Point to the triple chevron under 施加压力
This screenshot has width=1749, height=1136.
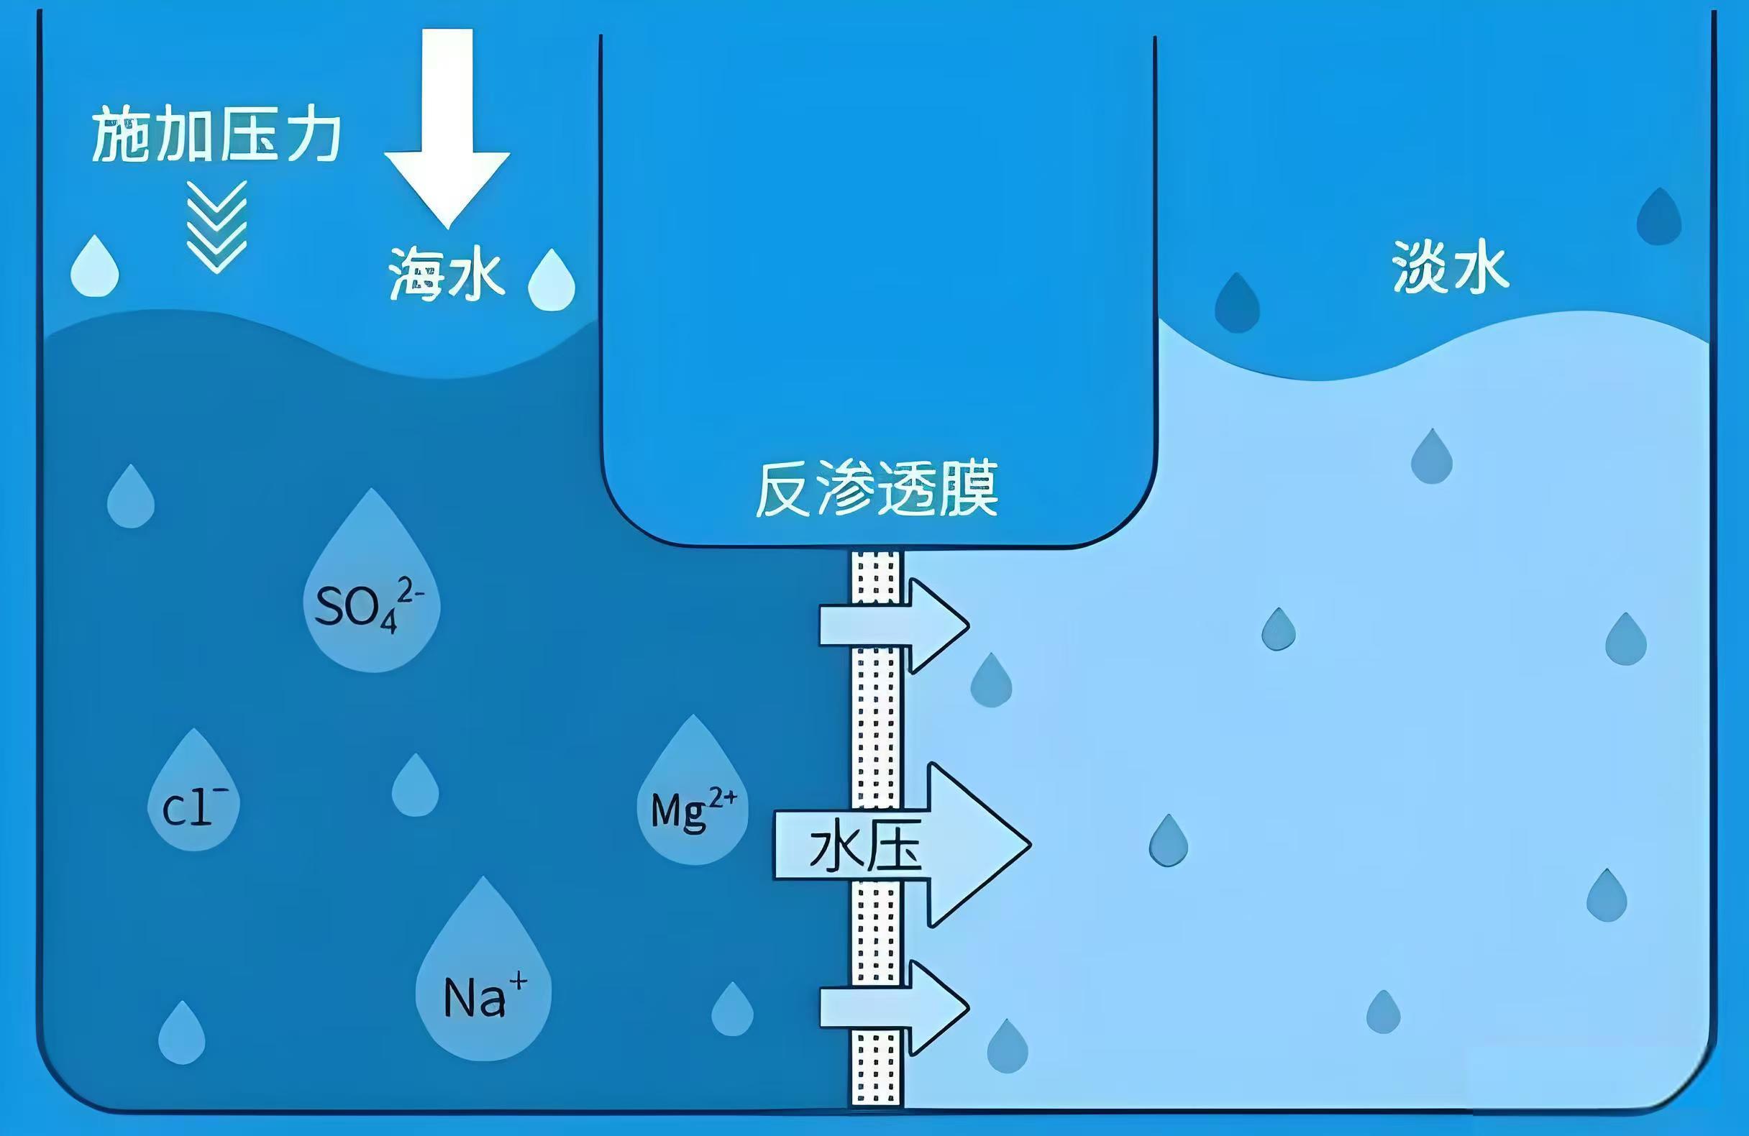tap(216, 227)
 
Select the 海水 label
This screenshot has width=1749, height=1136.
tap(446, 274)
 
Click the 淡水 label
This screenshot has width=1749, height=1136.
tap(1451, 267)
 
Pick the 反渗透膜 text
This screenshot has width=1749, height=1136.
tap(877, 489)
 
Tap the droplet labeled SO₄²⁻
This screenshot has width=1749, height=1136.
tap(372, 580)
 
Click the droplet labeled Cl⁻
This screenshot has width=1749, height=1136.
tap(194, 790)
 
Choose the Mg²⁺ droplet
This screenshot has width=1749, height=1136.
tap(693, 790)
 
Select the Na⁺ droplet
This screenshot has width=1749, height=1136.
tap(483, 968)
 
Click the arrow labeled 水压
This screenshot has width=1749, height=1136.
tap(903, 845)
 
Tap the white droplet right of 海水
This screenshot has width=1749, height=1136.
tap(552, 280)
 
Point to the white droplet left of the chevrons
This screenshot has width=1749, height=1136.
tap(95, 266)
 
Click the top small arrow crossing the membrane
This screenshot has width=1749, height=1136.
tap(895, 626)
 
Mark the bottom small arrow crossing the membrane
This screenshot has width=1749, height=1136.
tap(895, 1007)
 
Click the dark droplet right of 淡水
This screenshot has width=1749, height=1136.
tap(1659, 216)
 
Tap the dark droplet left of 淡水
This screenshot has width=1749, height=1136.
tap(1238, 303)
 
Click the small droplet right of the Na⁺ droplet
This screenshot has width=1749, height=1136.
tap(733, 1009)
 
